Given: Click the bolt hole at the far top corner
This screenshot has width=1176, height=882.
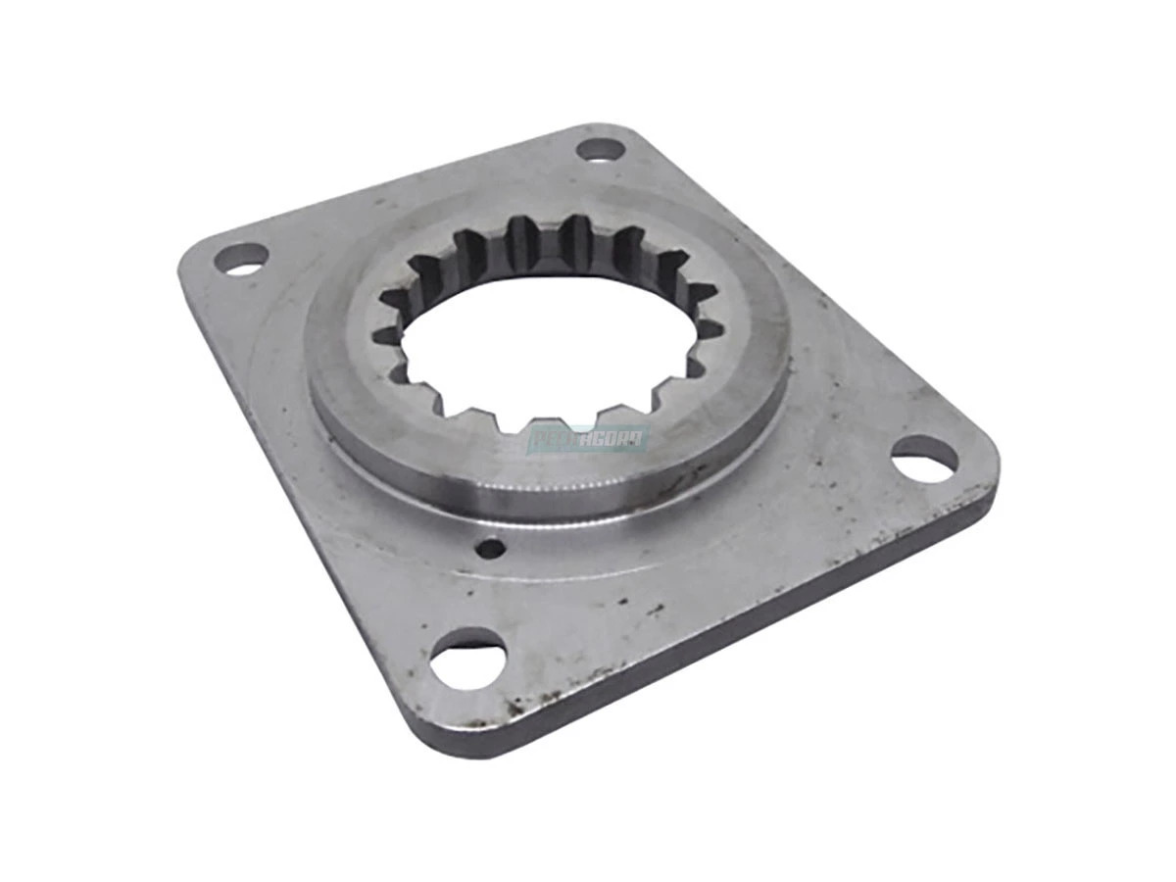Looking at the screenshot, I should (x=600, y=150).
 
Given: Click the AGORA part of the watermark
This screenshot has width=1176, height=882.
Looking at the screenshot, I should (x=615, y=440).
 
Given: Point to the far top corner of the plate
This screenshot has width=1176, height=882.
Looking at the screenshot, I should (x=598, y=129).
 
